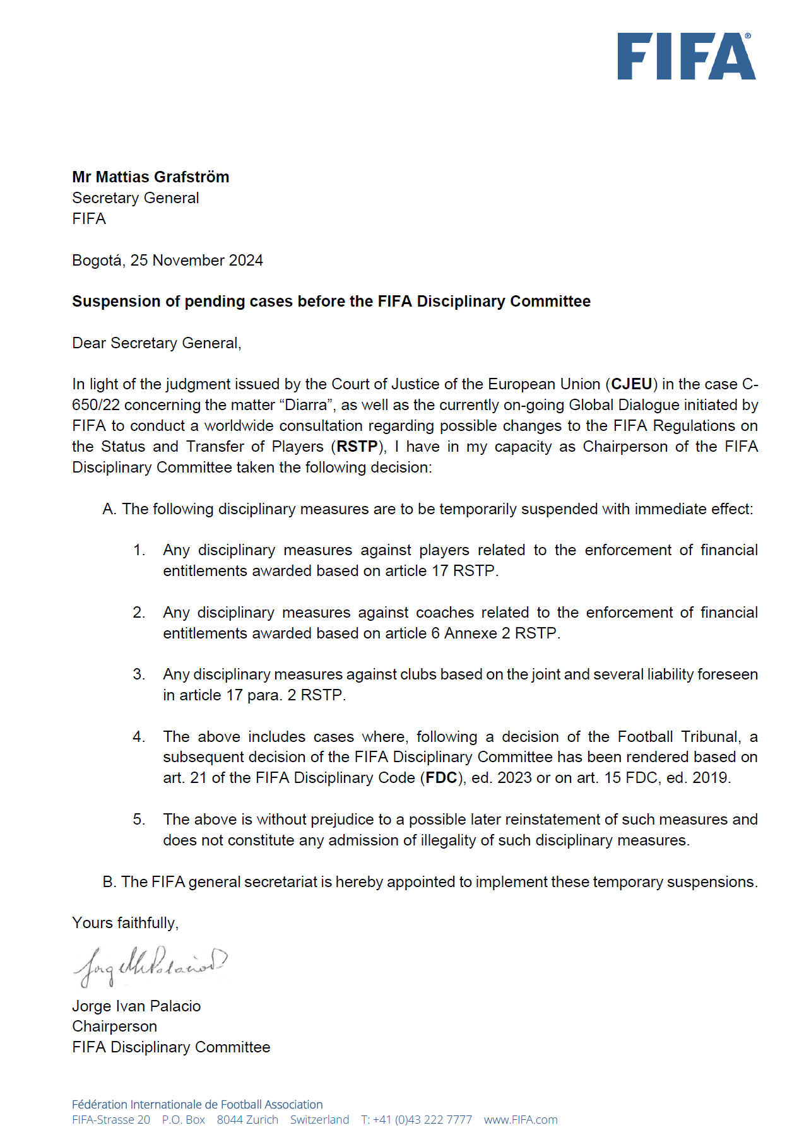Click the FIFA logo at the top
click(686, 56)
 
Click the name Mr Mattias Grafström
click(150, 177)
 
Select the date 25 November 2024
click(196, 261)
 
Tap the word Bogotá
click(97, 261)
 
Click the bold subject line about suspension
click(331, 302)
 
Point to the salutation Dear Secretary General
click(157, 343)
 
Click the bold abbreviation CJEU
click(631, 384)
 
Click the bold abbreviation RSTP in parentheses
click(357, 447)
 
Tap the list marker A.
click(109, 509)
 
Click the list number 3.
click(139, 674)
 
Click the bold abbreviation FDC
click(441, 778)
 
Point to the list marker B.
click(109, 882)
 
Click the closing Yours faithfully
click(125, 923)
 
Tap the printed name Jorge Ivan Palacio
click(136, 1006)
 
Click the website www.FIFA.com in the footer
click(521, 1120)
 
